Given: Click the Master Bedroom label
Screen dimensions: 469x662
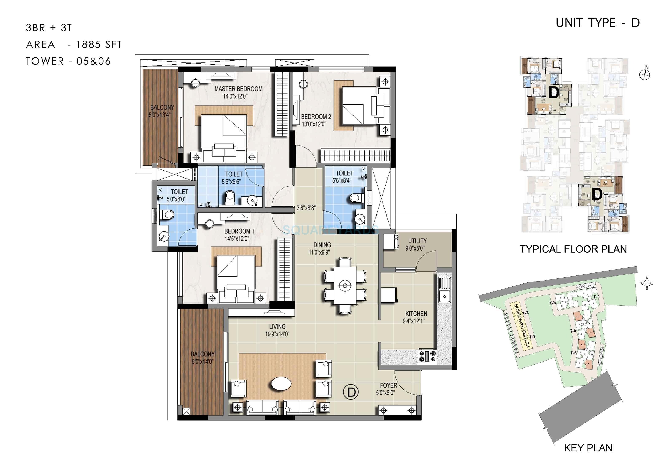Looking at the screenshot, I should point(238,89).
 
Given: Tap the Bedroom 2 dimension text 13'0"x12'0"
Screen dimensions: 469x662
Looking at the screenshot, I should point(314,124).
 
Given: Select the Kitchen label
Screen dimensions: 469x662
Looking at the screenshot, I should point(416,314).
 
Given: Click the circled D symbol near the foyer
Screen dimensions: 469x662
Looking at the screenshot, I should point(351,392).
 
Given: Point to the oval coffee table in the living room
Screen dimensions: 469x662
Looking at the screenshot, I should point(281,384).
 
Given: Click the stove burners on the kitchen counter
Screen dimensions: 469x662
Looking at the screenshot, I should point(427,356).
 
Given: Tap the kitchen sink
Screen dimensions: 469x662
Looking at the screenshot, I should point(444,296).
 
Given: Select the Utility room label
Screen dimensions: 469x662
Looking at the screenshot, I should point(417,241).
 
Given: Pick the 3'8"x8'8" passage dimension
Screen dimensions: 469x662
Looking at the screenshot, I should point(306,208).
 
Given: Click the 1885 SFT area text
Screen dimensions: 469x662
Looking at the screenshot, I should point(99,45).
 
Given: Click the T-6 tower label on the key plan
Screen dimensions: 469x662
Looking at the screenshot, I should point(574,353).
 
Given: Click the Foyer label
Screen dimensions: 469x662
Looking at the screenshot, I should point(388,386).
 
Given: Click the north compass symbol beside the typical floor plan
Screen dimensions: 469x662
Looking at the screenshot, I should point(645,75).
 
